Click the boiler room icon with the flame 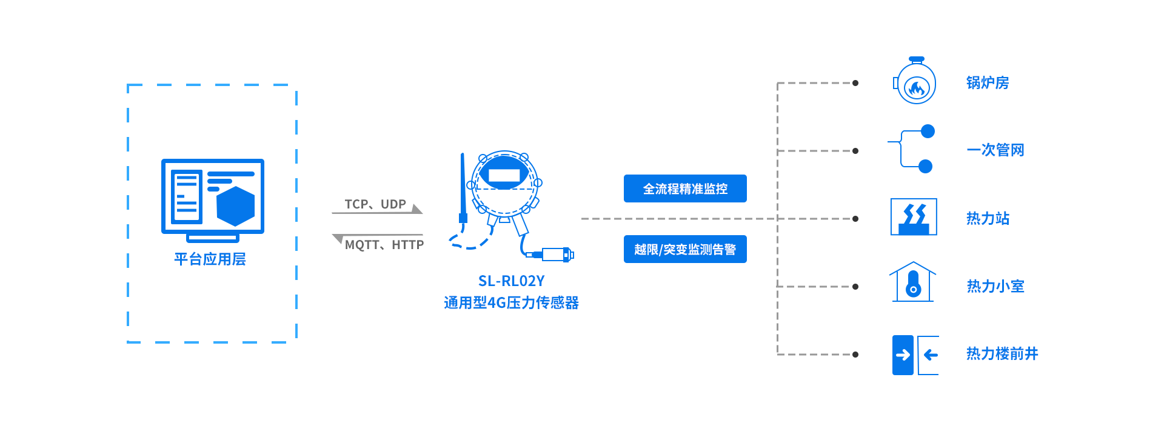915,83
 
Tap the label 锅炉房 988,83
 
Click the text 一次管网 995,150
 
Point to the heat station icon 914,217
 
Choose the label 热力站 988,218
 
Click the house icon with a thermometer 913,282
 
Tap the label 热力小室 995,286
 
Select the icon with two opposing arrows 915,355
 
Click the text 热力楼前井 1002,353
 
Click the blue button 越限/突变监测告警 685,249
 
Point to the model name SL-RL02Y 511,281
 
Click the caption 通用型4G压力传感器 511,302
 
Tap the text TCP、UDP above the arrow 375,204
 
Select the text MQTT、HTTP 384,245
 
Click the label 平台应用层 210,259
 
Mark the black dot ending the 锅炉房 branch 855,83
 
